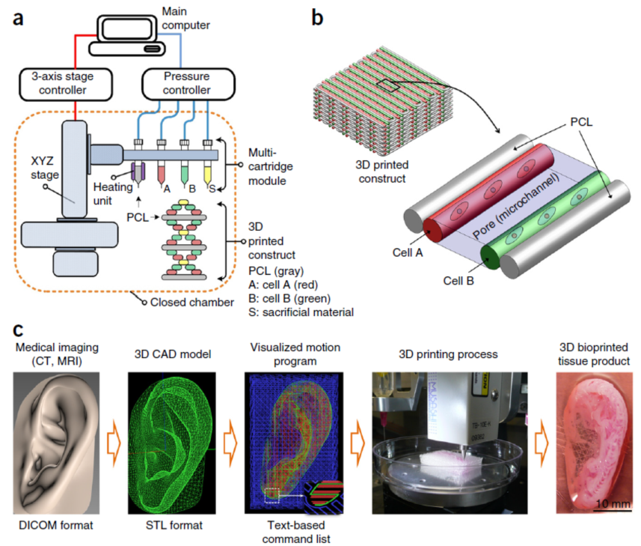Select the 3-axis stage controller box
pos(66,85)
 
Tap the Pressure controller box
pos(188,85)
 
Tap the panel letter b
pos(317,18)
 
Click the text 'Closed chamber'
pos(192,303)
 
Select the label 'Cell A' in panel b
pos(408,252)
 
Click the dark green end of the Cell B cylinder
pos(490,257)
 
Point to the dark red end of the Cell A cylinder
pos(432,231)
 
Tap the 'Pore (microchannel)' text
pos(516,205)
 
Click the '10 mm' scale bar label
pos(613,503)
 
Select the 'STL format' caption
pos(174,525)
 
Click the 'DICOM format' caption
pos(56,525)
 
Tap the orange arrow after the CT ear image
pos(114,443)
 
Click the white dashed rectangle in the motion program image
pos(272,495)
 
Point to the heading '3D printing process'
pos(449,354)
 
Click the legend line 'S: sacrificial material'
pos(301,312)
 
